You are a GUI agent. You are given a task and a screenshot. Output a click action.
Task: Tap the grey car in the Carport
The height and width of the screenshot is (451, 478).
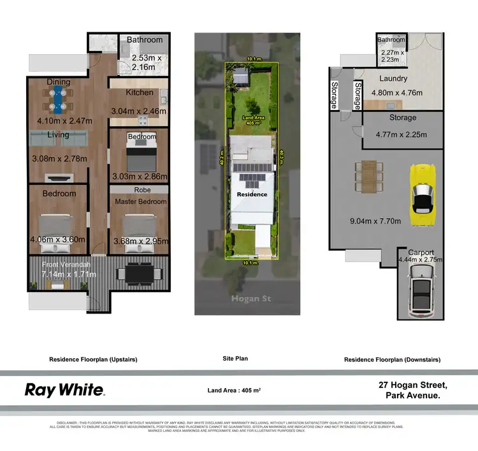[422, 291]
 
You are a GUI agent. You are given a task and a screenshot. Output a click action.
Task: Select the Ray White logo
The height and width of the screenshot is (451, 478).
[64, 389]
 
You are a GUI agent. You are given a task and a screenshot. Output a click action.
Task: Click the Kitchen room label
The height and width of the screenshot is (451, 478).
[139, 92]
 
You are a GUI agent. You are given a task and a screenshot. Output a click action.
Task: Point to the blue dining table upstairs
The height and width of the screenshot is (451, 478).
[58, 101]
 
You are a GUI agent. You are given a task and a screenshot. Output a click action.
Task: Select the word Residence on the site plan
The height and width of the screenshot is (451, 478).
[252, 194]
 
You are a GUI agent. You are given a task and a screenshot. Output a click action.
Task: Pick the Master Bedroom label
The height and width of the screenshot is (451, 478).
[140, 202]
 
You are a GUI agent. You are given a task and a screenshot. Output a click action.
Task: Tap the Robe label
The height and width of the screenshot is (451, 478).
[141, 190]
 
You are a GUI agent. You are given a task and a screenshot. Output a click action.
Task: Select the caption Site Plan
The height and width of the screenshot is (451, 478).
[235, 359]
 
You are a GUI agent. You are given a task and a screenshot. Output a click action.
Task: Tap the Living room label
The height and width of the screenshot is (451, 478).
[58, 135]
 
